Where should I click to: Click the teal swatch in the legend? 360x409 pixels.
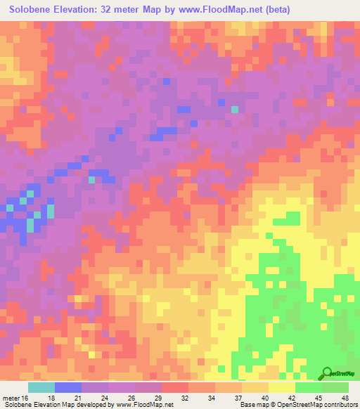[x=41, y=387]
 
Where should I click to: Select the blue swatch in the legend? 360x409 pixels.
[x=68, y=387]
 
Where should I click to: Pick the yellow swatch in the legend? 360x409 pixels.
[x=282, y=387]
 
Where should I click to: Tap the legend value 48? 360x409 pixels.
[x=345, y=398]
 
